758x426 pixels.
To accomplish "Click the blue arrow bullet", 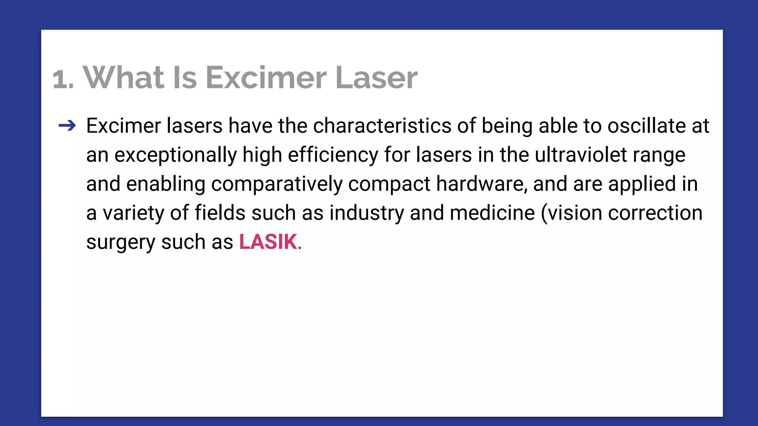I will coord(67,126).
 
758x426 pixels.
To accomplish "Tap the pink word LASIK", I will coord(268,242).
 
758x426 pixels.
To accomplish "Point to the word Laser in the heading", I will coord(376,77).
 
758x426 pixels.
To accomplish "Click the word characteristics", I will coord(382,126).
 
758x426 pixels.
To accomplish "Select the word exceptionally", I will coord(175,155).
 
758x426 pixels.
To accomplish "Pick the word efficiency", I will coord(333,155).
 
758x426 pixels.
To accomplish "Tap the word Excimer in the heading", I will coord(266,77).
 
